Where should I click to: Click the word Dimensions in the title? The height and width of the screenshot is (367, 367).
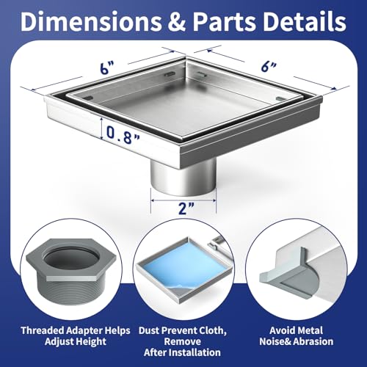[91, 21]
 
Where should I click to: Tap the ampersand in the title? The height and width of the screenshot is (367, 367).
[177, 21]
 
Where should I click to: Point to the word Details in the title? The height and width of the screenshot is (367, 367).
[305, 21]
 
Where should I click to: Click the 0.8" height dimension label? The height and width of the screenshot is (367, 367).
[123, 136]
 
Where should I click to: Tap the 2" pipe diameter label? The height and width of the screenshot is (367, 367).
[186, 208]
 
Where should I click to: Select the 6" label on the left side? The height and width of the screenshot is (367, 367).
[107, 68]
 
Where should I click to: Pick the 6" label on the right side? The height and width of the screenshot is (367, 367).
[269, 66]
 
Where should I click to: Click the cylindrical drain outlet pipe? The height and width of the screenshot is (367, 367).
[183, 178]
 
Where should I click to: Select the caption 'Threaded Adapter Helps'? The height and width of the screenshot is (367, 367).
[76, 330]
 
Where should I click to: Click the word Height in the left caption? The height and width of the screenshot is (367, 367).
[92, 342]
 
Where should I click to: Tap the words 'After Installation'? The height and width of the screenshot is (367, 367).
[182, 352]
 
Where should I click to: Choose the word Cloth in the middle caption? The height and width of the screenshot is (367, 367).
[211, 330]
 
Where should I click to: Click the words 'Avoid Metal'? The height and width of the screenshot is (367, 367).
[296, 330]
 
